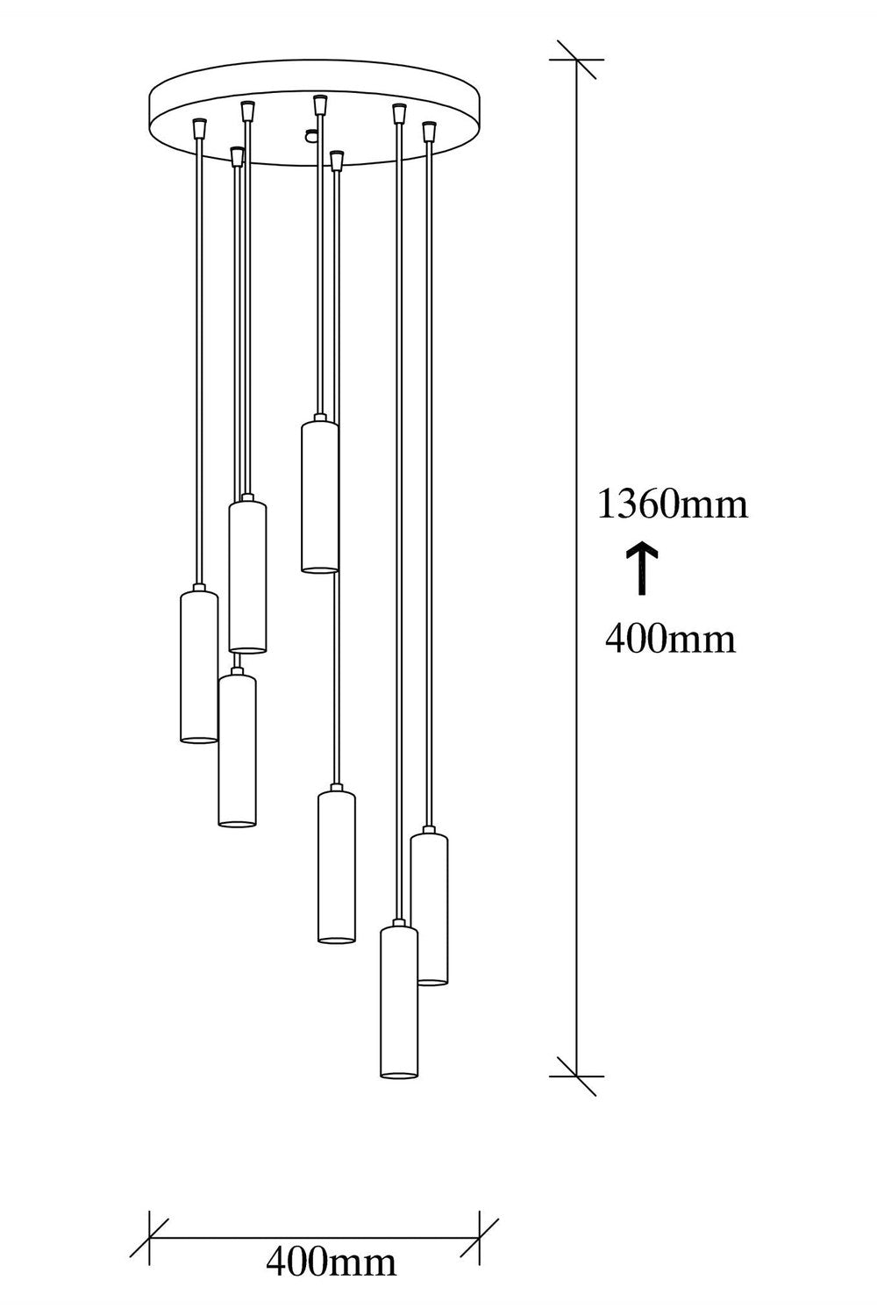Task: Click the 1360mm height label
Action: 673,504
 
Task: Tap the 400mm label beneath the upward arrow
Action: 670,639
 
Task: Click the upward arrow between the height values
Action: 640,570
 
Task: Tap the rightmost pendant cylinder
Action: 430,906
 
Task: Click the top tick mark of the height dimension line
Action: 576,60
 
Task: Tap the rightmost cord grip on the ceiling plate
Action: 431,131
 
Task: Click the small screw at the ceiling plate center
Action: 310,135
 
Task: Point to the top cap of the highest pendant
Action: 319,418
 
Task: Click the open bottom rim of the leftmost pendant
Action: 198,740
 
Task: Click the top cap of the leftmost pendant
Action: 198,588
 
